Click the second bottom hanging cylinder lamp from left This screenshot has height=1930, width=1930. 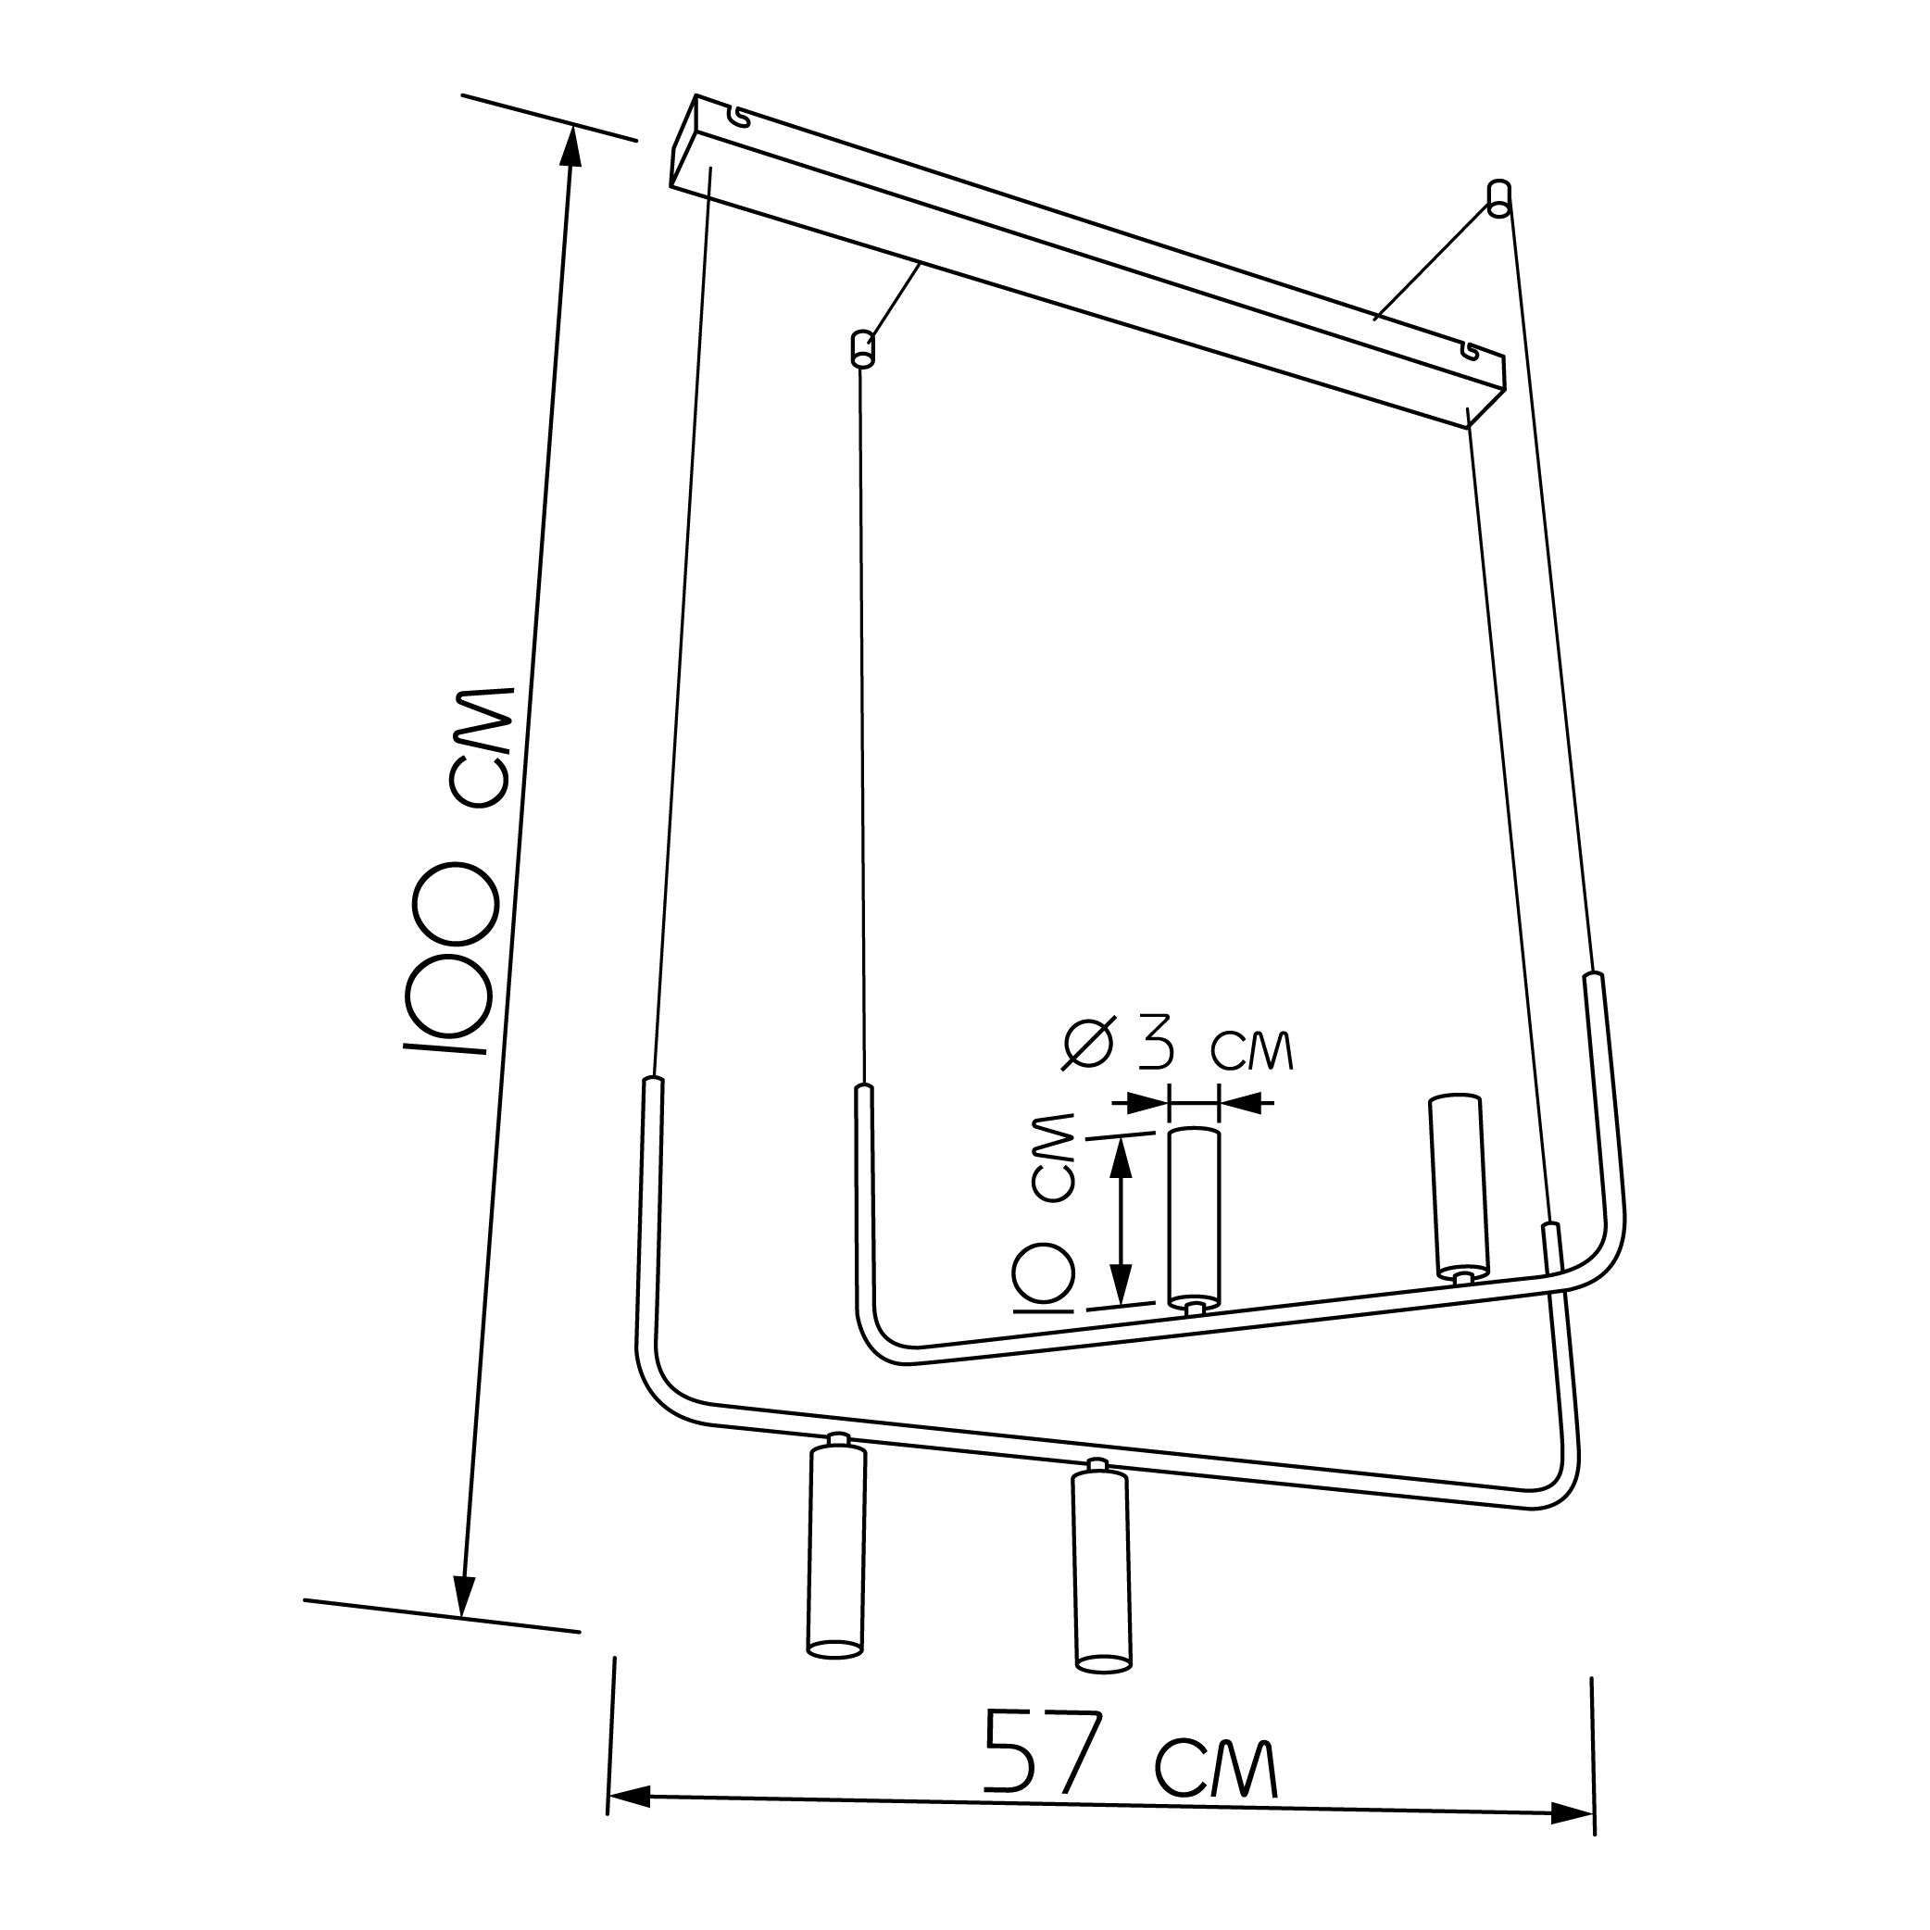[x=1103, y=1566]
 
